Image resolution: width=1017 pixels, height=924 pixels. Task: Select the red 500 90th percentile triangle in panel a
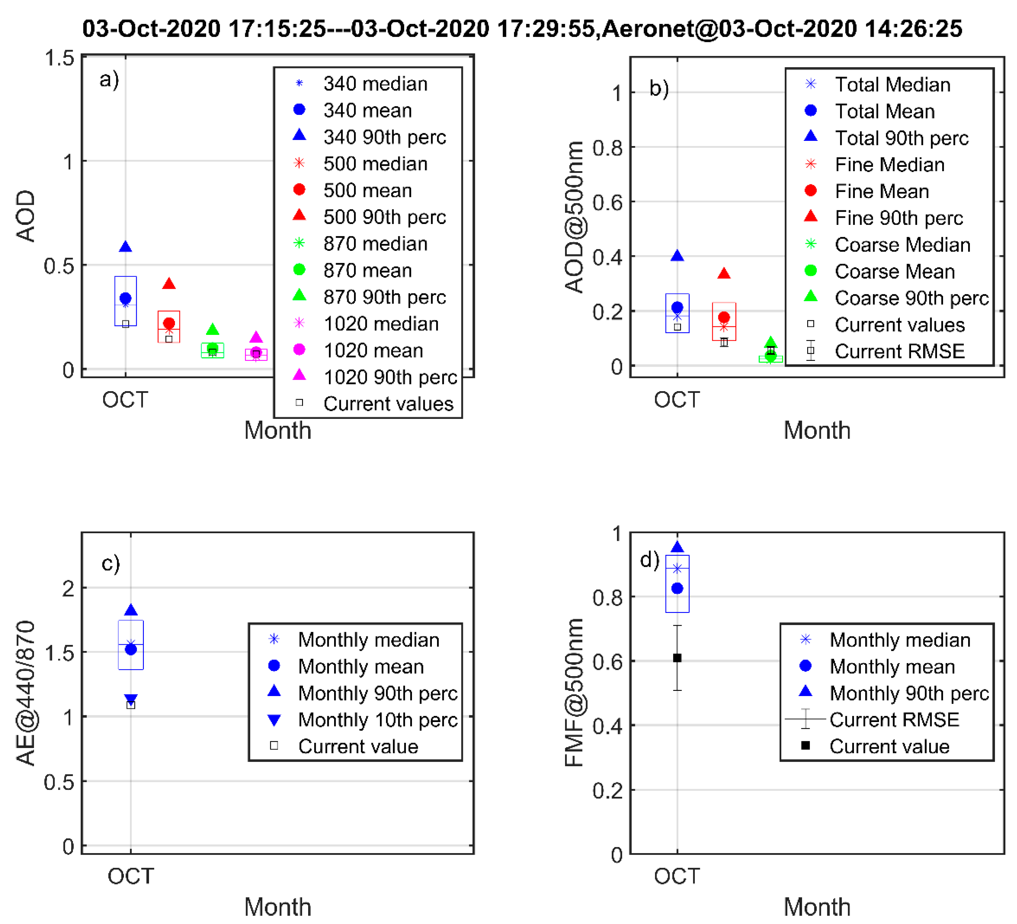[x=169, y=284]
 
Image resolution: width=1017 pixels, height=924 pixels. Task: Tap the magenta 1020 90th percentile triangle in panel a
[x=256, y=337]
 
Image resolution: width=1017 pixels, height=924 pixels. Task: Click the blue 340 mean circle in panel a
[x=126, y=298]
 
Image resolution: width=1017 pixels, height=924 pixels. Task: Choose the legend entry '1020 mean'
[x=373, y=350]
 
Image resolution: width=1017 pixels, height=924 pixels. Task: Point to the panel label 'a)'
[x=109, y=79]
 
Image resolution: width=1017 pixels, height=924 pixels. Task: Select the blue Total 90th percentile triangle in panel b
[x=677, y=256]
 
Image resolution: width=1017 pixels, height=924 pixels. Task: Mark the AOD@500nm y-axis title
[x=574, y=217]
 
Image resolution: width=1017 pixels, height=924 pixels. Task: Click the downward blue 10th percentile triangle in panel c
[x=131, y=699]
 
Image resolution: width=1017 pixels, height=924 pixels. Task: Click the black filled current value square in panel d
[x=677, y=658]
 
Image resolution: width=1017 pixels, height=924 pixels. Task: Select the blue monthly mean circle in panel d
[x=677, y=588]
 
